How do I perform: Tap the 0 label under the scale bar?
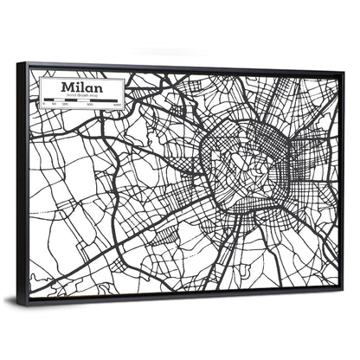click(x=44, y=105)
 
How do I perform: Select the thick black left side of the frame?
click(x=22, y=182)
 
